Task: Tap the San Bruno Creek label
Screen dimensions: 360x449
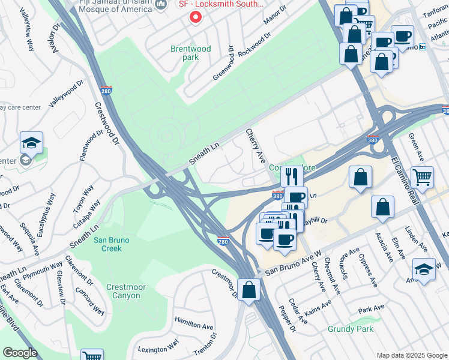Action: [x=108, y=244]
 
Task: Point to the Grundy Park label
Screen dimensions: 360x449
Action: [x=351, y=329]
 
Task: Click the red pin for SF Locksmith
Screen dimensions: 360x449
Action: [x=194, y=17]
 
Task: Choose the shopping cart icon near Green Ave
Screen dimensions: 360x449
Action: [x=423, y=177]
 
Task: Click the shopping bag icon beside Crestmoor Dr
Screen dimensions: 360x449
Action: [x=248, y=291]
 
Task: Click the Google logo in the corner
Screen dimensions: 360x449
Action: [x=19, y=353]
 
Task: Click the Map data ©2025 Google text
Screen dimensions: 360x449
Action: [x=411, y=355]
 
